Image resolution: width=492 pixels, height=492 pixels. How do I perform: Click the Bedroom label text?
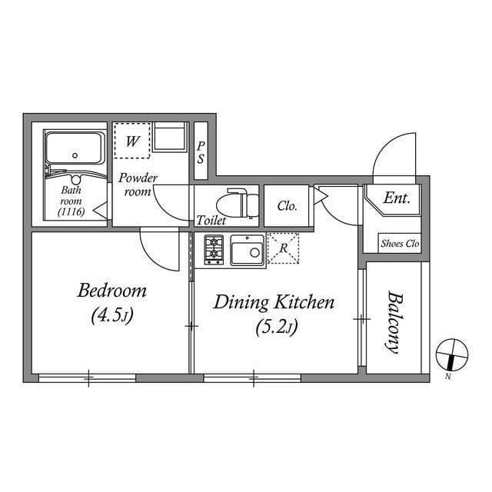[111, 291]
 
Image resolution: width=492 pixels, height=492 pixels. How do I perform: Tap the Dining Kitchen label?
[274, 302]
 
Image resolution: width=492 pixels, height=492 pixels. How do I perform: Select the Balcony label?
[394, 321]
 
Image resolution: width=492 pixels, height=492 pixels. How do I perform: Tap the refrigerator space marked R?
[283, 248]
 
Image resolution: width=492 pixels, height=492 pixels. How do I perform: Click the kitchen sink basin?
[246, 251]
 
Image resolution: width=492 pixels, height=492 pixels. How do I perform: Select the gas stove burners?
[214, 250]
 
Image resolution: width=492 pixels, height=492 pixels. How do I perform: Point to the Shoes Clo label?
[400, 244]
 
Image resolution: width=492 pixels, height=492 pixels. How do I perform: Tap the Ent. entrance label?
[397, 198]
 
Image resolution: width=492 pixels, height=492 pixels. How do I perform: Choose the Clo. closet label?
[287, 206]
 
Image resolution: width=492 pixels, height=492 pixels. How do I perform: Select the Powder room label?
[138, 184]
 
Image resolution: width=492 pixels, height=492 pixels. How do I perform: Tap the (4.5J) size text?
[111, 316]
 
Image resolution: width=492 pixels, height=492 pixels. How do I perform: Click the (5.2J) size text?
[274, 327]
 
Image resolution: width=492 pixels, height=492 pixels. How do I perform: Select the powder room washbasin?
[168, 138]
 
